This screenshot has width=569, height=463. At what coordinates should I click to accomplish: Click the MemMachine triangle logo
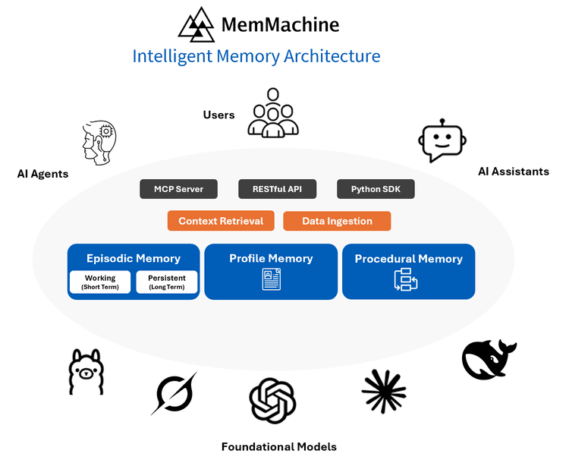[x=196, y=24]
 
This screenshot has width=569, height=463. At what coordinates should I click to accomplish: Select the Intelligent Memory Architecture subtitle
[x=256, y=56]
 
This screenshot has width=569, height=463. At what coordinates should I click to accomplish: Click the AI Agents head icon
[x=99, y=142]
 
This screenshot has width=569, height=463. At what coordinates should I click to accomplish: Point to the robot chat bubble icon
[x=442, y=140]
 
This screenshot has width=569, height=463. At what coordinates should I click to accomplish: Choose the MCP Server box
[x=178, y=189]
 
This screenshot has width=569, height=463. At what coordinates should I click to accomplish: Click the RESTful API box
[x=277, y=189]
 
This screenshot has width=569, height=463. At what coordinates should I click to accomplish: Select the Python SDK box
[x=376, y=189]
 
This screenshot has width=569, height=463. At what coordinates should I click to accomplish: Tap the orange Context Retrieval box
[x=221, y=221]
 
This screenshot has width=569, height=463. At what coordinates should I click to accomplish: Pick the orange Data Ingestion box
[x=337, y=221]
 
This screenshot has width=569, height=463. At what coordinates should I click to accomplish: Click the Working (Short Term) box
[x=100, y=282]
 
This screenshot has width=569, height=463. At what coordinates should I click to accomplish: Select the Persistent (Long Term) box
[x=167, y=282]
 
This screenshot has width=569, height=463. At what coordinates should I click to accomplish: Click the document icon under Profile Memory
[x=271, y=280]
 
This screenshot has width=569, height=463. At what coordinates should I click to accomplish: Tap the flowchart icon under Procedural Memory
[x=406, y=280]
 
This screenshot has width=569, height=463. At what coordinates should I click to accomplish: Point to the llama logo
[x=86, y=372]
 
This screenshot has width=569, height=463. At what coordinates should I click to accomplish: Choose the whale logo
[x=488, y=358]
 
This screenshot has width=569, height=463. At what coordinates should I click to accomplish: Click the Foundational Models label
[x=278, y=446]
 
